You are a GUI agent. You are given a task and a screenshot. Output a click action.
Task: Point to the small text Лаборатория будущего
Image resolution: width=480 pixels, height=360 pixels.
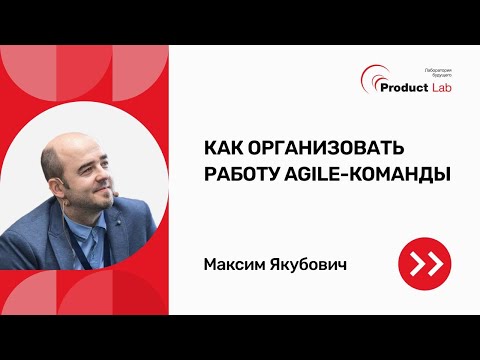439,73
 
